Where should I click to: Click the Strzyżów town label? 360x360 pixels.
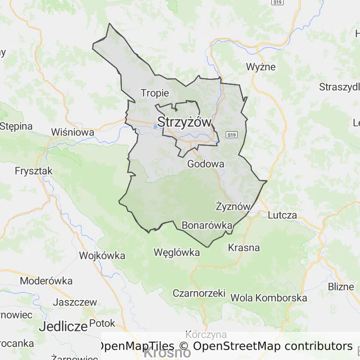[x=185, y=122]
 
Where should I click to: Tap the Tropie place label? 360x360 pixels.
[x=155, y=93]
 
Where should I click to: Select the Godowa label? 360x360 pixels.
[x=205, y=164]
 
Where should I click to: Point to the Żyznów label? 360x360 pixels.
[x=233, y=206]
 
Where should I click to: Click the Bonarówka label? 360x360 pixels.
[x=207, y=225]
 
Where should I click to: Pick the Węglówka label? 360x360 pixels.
[x=177, y=253]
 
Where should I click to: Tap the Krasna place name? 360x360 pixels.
[x=244, y=247]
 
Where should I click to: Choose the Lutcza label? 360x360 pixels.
[x=283, y=216]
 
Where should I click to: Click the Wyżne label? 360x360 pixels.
[x=261, y=67]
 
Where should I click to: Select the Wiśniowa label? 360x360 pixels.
[x=73, y=132]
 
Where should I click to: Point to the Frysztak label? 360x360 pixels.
[x=34, y=171]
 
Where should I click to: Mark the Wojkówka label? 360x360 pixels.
[x=102, y=255]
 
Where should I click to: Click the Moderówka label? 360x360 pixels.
[x=46, y=281]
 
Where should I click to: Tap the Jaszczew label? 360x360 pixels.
[x=75, y=302]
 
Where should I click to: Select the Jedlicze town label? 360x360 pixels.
[x=63, y=326]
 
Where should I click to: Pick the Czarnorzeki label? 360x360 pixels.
[x=199, y=293]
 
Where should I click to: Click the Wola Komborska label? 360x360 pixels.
[x=269, y=298]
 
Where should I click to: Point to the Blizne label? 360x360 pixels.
[x=341, y=287]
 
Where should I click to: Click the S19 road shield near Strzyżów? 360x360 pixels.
[x=231, y=135]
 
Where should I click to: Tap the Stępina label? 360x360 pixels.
[x=16, y=126]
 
